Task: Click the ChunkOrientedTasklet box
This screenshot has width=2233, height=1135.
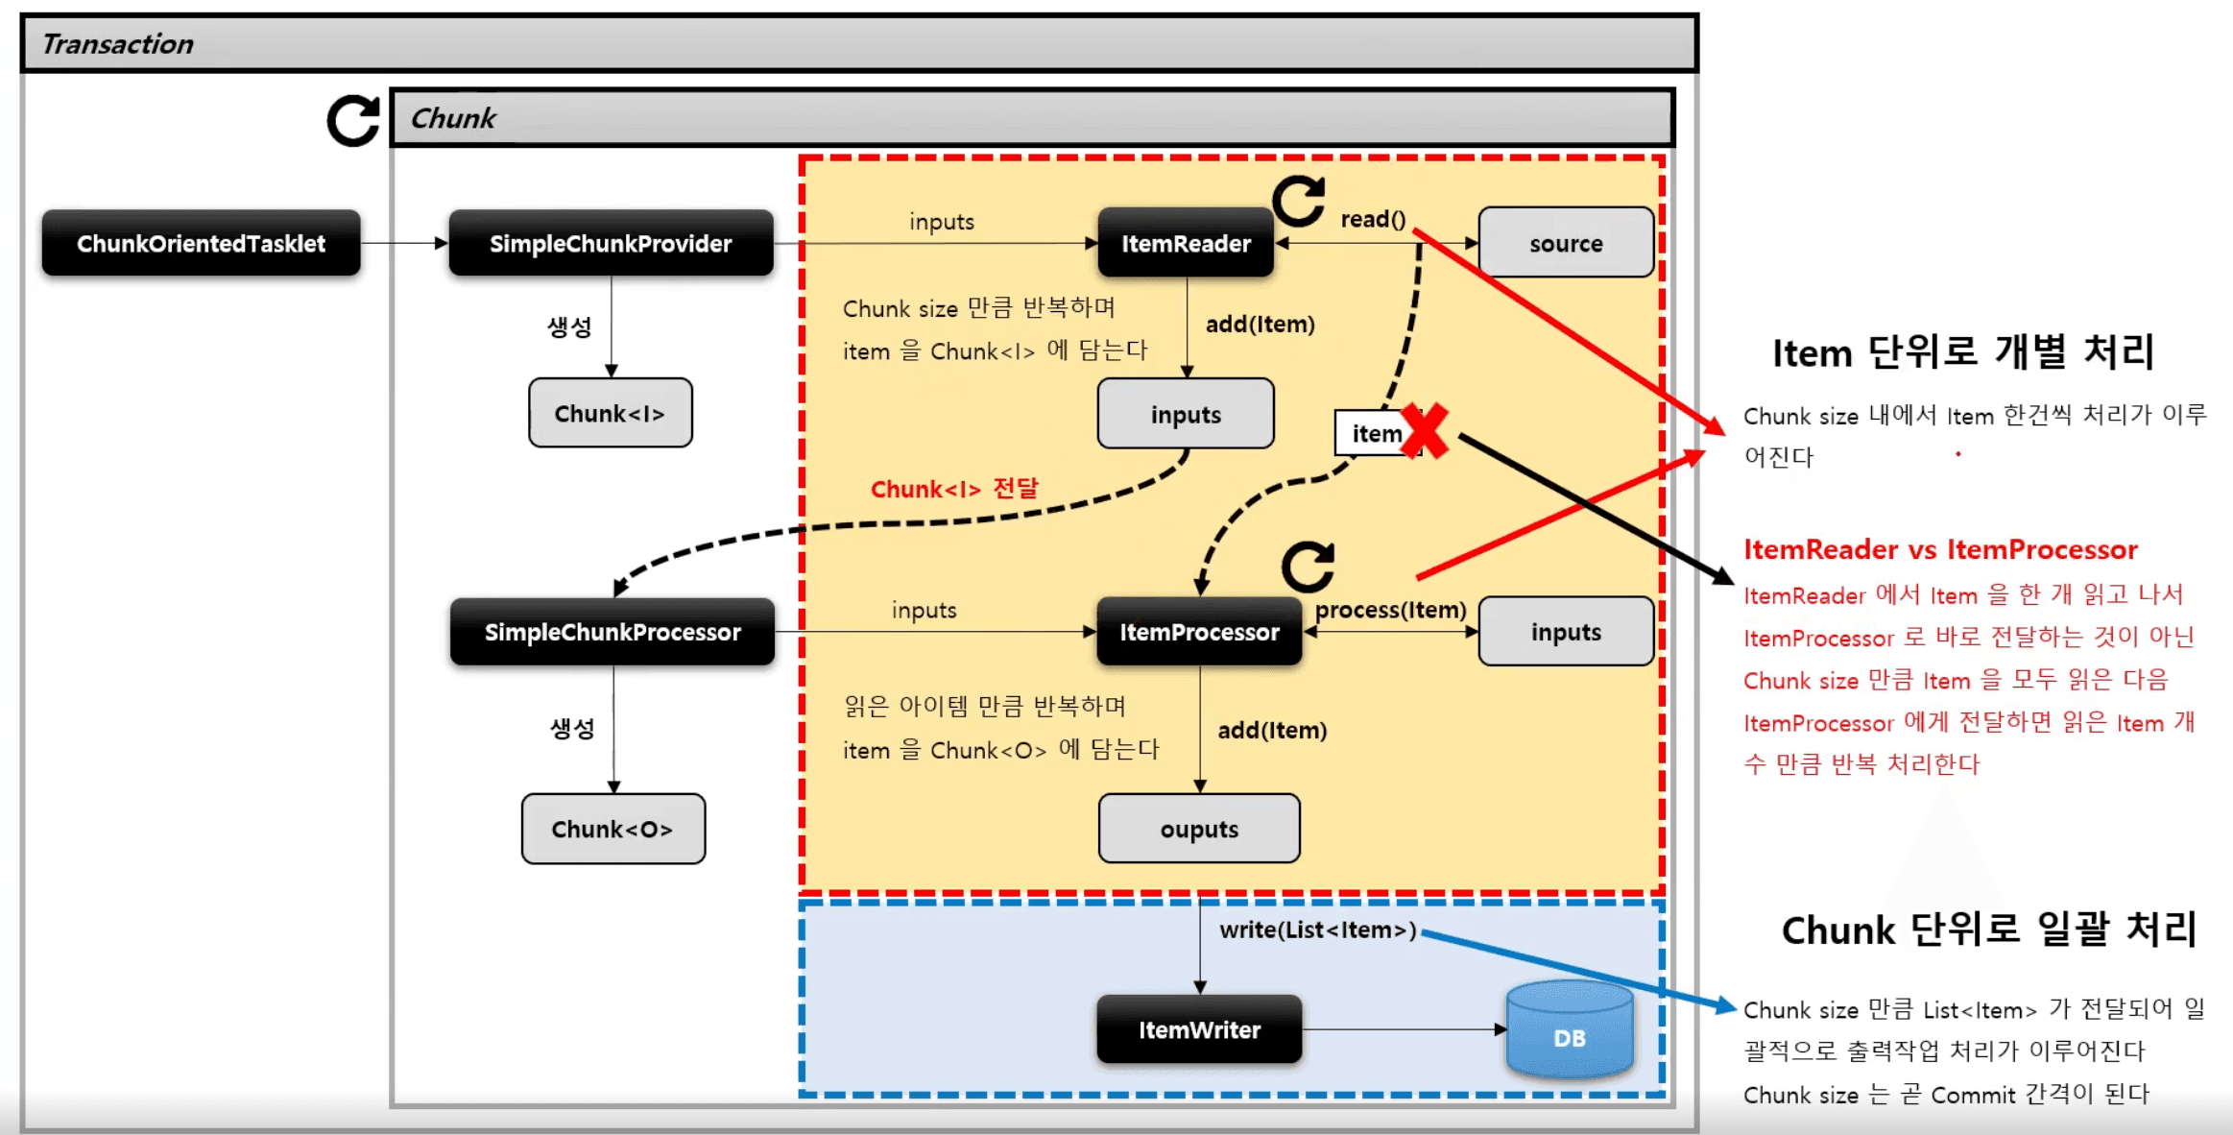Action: pos(201,244)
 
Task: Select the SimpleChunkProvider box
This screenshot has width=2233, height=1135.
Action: pos(611,244)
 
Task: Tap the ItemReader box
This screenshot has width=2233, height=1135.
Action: pos(1186,244)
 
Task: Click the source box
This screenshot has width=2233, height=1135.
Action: pos(1566,244)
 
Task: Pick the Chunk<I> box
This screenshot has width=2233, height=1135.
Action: pos(610,414)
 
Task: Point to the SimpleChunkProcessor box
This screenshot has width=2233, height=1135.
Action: pos(612,632)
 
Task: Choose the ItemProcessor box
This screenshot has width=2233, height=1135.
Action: pos(1199,632)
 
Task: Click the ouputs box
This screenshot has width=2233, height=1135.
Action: pos(1199,829)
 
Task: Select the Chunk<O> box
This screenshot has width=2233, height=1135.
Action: pos(612,829)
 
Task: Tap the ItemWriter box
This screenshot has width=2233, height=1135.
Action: pos(1199,1030)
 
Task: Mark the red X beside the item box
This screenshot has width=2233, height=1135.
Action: pos(1425,430)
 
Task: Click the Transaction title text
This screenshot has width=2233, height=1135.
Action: pos(118,44)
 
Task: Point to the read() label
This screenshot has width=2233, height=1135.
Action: pos(1373,219)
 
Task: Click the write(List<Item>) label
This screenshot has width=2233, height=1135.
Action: pos(1317,930)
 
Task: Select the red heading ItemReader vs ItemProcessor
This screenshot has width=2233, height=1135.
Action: pos(1940,549)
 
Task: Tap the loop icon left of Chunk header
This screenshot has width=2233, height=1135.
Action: pos(353,121)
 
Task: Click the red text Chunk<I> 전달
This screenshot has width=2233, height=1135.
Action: pos(954,489)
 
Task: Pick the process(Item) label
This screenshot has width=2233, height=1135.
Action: pos(1390,610)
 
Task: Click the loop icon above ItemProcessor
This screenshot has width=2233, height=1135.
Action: pos(1308,567)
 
